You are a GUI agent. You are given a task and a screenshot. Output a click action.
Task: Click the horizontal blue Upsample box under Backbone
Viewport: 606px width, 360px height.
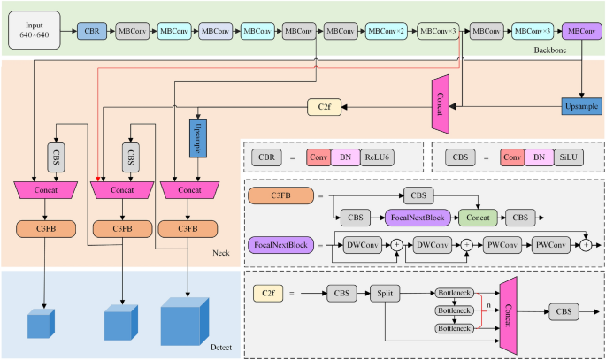(579, 107)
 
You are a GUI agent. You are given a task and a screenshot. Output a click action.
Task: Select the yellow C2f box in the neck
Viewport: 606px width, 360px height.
(324, 107)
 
